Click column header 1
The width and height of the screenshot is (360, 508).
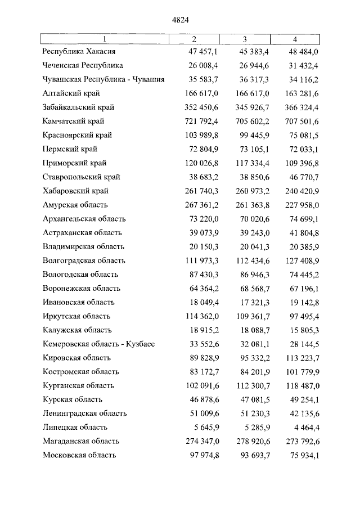click(x=104, y=39)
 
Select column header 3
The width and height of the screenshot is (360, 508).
click(x=245, y=39)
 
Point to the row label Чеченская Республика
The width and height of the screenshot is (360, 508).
click(x=83, y=65)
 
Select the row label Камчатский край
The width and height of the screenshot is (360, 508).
click(x=74, y=121)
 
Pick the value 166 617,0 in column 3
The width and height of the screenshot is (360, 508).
click(x=253, y=93)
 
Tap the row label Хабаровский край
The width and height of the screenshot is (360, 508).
click(x=76, y=191)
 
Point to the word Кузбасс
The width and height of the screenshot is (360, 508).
click(x=139, y=344)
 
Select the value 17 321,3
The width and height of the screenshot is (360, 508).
click(x=255, y=302)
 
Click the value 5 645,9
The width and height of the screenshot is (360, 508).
click(x=206, y=428)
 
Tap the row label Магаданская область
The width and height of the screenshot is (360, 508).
click(x=82, y=442)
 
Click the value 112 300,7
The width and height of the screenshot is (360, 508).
click(x=253, y=386)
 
